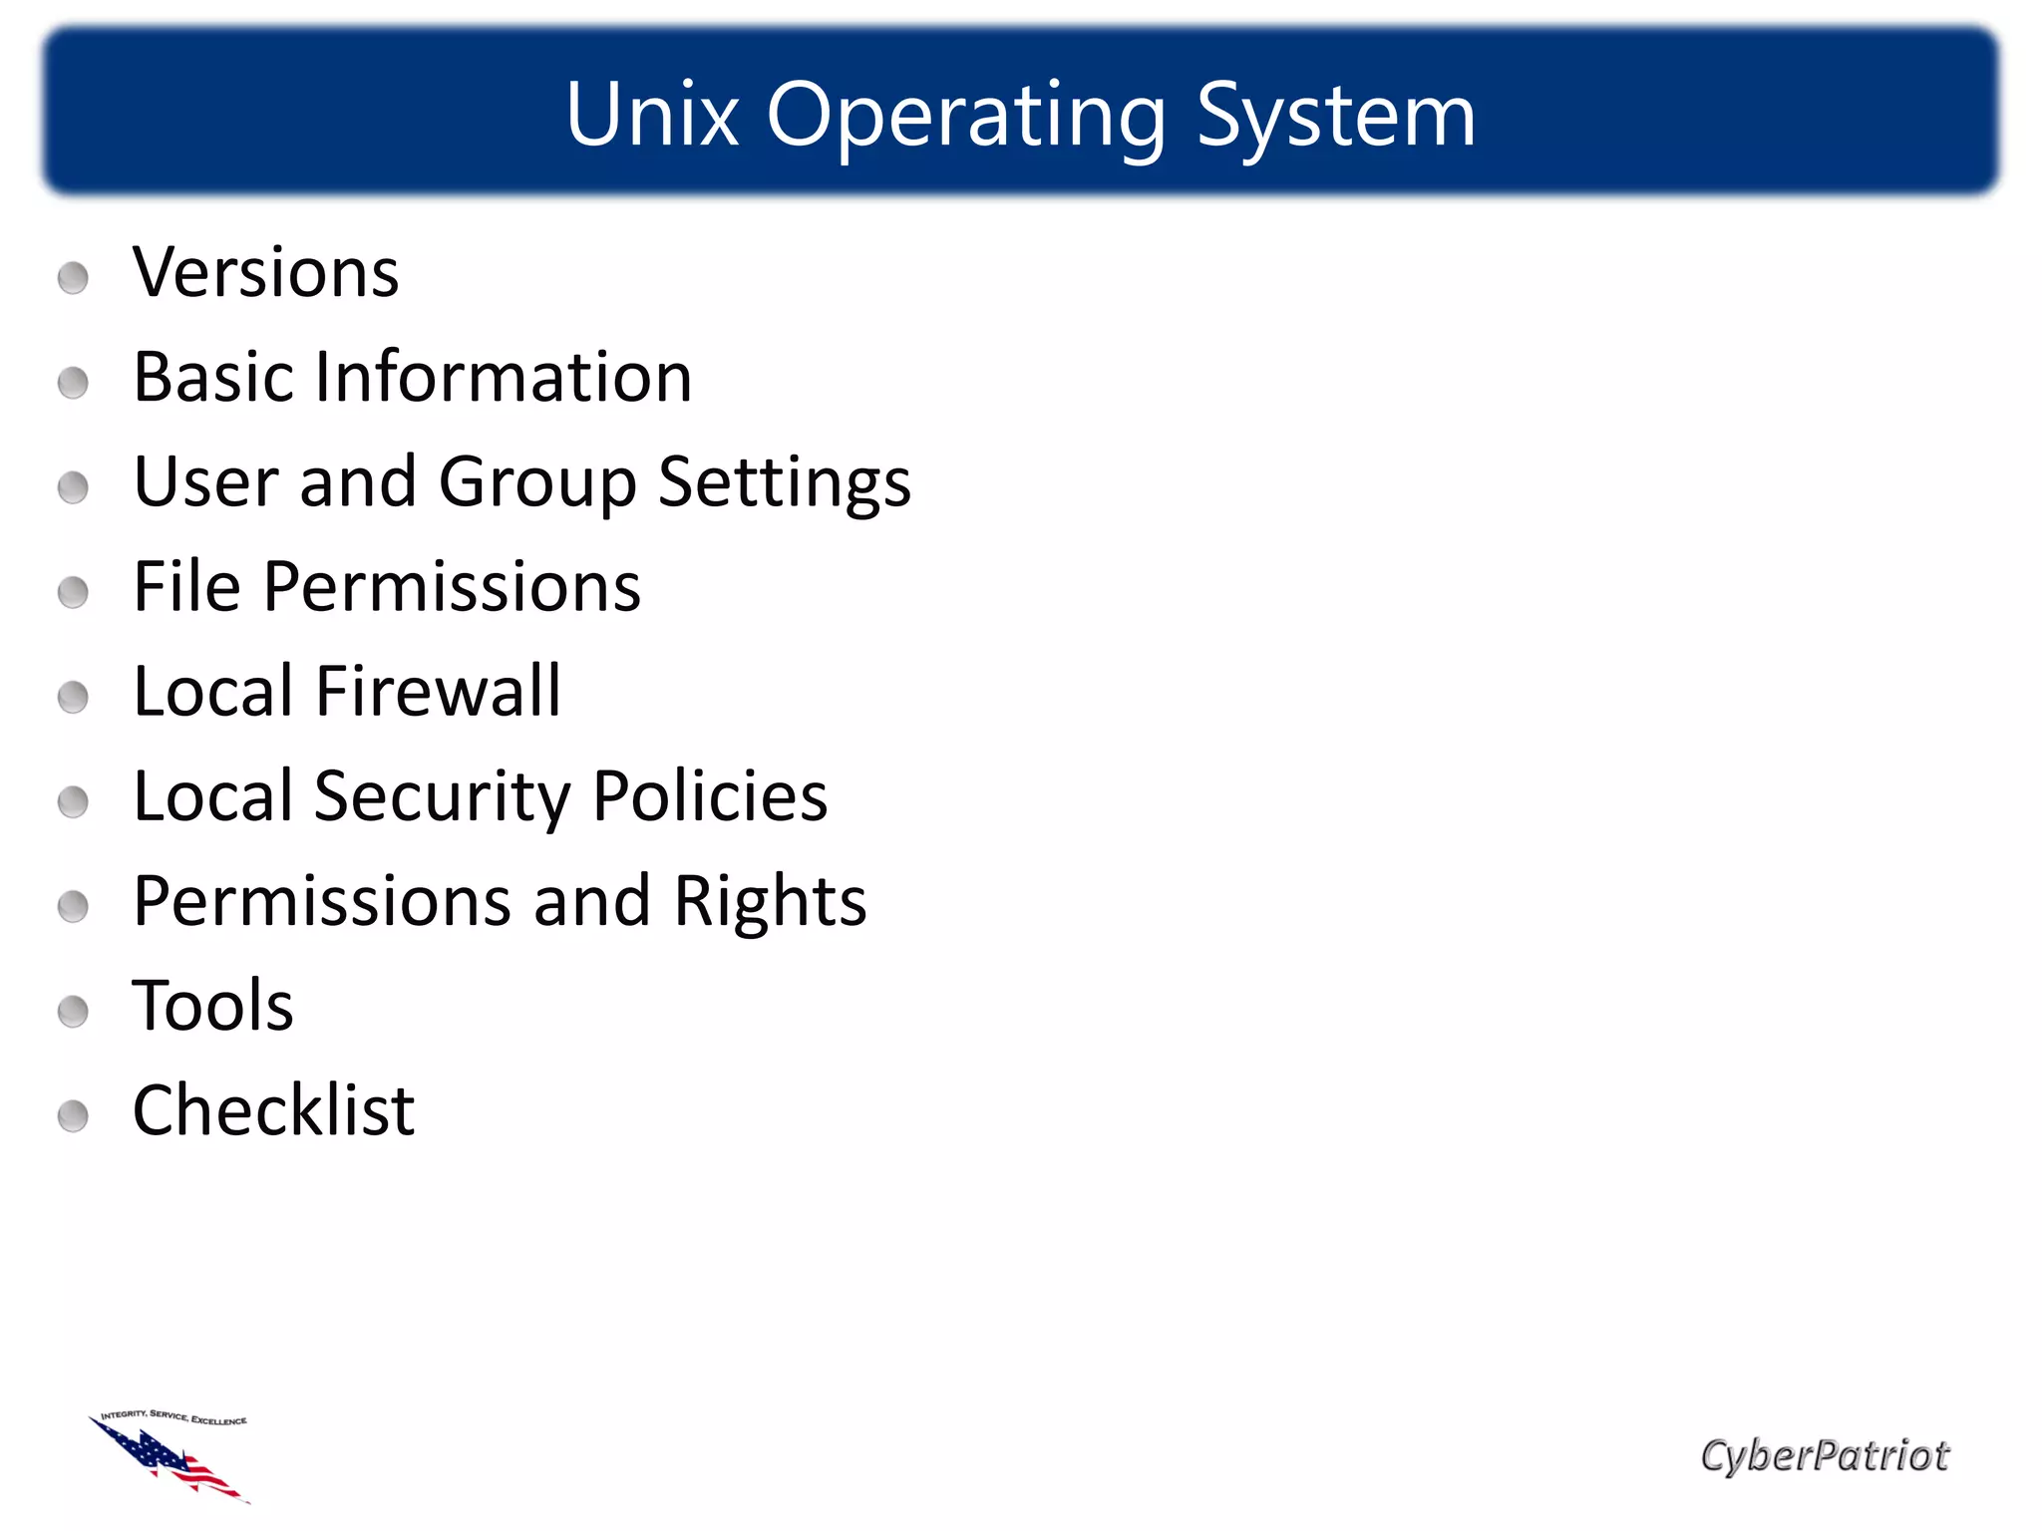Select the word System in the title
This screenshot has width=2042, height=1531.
(x=1335, y=118)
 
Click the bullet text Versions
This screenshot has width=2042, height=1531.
(x=265, y=272)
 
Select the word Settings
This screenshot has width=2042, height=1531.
(x=785, y=484)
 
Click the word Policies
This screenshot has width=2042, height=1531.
(x=710, y=796)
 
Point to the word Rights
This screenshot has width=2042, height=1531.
(x=770, y=902)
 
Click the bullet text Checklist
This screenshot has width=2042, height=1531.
(x=273, y=1110)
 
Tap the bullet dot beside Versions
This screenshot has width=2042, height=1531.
(x=73, y=278)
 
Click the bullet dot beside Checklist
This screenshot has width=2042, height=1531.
(x=73, y=1116)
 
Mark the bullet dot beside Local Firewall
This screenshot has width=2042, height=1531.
(x=73, y=697)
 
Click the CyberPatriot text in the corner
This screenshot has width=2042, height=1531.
(x=1824, y=1456)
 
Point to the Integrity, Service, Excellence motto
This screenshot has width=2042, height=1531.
(x=174, y=1417)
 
